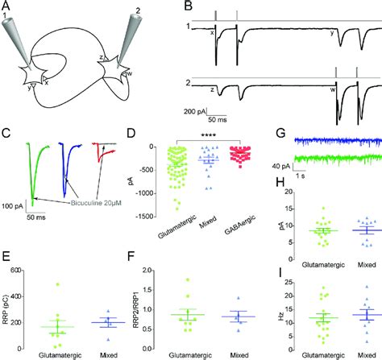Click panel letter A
7,6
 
